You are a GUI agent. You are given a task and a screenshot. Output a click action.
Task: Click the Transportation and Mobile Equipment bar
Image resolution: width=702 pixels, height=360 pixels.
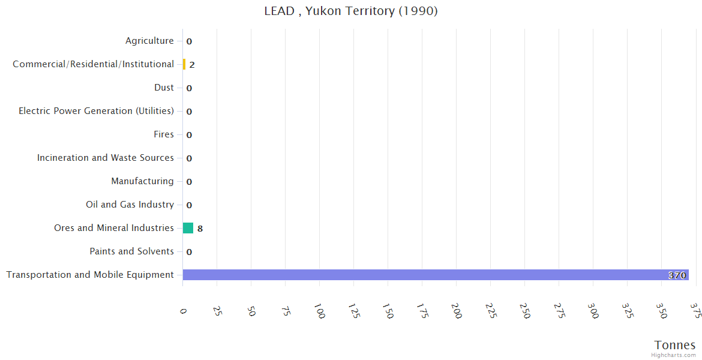[436, 275]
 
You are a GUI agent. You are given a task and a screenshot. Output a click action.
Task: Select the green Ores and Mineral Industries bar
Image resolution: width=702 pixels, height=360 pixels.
[188, 228]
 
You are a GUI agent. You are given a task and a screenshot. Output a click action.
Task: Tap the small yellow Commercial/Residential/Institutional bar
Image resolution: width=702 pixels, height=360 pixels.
[184, 64]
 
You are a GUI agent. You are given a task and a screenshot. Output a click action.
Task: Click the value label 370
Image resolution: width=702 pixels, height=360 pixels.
[677, 275]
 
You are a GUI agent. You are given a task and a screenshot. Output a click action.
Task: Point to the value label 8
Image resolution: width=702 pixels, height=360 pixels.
[200, 229]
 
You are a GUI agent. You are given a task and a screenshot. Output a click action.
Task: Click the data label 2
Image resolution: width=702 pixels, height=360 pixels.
[192, 65]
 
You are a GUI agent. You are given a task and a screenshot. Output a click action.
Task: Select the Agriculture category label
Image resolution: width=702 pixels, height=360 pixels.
[149, 41]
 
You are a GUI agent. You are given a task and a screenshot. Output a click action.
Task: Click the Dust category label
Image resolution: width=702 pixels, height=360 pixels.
[164, 88]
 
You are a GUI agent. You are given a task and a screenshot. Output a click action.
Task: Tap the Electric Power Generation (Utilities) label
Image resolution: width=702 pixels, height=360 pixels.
[96, 111]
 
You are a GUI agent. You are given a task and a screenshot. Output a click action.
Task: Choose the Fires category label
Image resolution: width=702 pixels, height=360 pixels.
[163, 134]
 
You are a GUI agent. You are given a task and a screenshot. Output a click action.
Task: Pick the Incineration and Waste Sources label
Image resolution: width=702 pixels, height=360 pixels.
[105, 158]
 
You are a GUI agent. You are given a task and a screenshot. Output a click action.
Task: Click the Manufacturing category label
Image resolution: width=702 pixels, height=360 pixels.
[142, 181]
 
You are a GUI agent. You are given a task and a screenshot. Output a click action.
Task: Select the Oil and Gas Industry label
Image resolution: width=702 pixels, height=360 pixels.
[130, 205]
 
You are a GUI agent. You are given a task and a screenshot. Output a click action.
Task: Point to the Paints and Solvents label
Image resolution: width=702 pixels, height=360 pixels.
[131, 251]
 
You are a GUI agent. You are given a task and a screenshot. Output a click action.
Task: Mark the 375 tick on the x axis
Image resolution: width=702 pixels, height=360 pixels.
[695, 310]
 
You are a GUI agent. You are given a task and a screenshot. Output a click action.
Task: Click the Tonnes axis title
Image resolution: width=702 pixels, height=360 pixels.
[674, 345]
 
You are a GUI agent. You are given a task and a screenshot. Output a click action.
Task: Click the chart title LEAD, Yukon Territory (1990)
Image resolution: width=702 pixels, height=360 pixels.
[351, 11]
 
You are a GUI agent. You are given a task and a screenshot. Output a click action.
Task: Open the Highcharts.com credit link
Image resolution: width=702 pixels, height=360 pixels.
[674, 355]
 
